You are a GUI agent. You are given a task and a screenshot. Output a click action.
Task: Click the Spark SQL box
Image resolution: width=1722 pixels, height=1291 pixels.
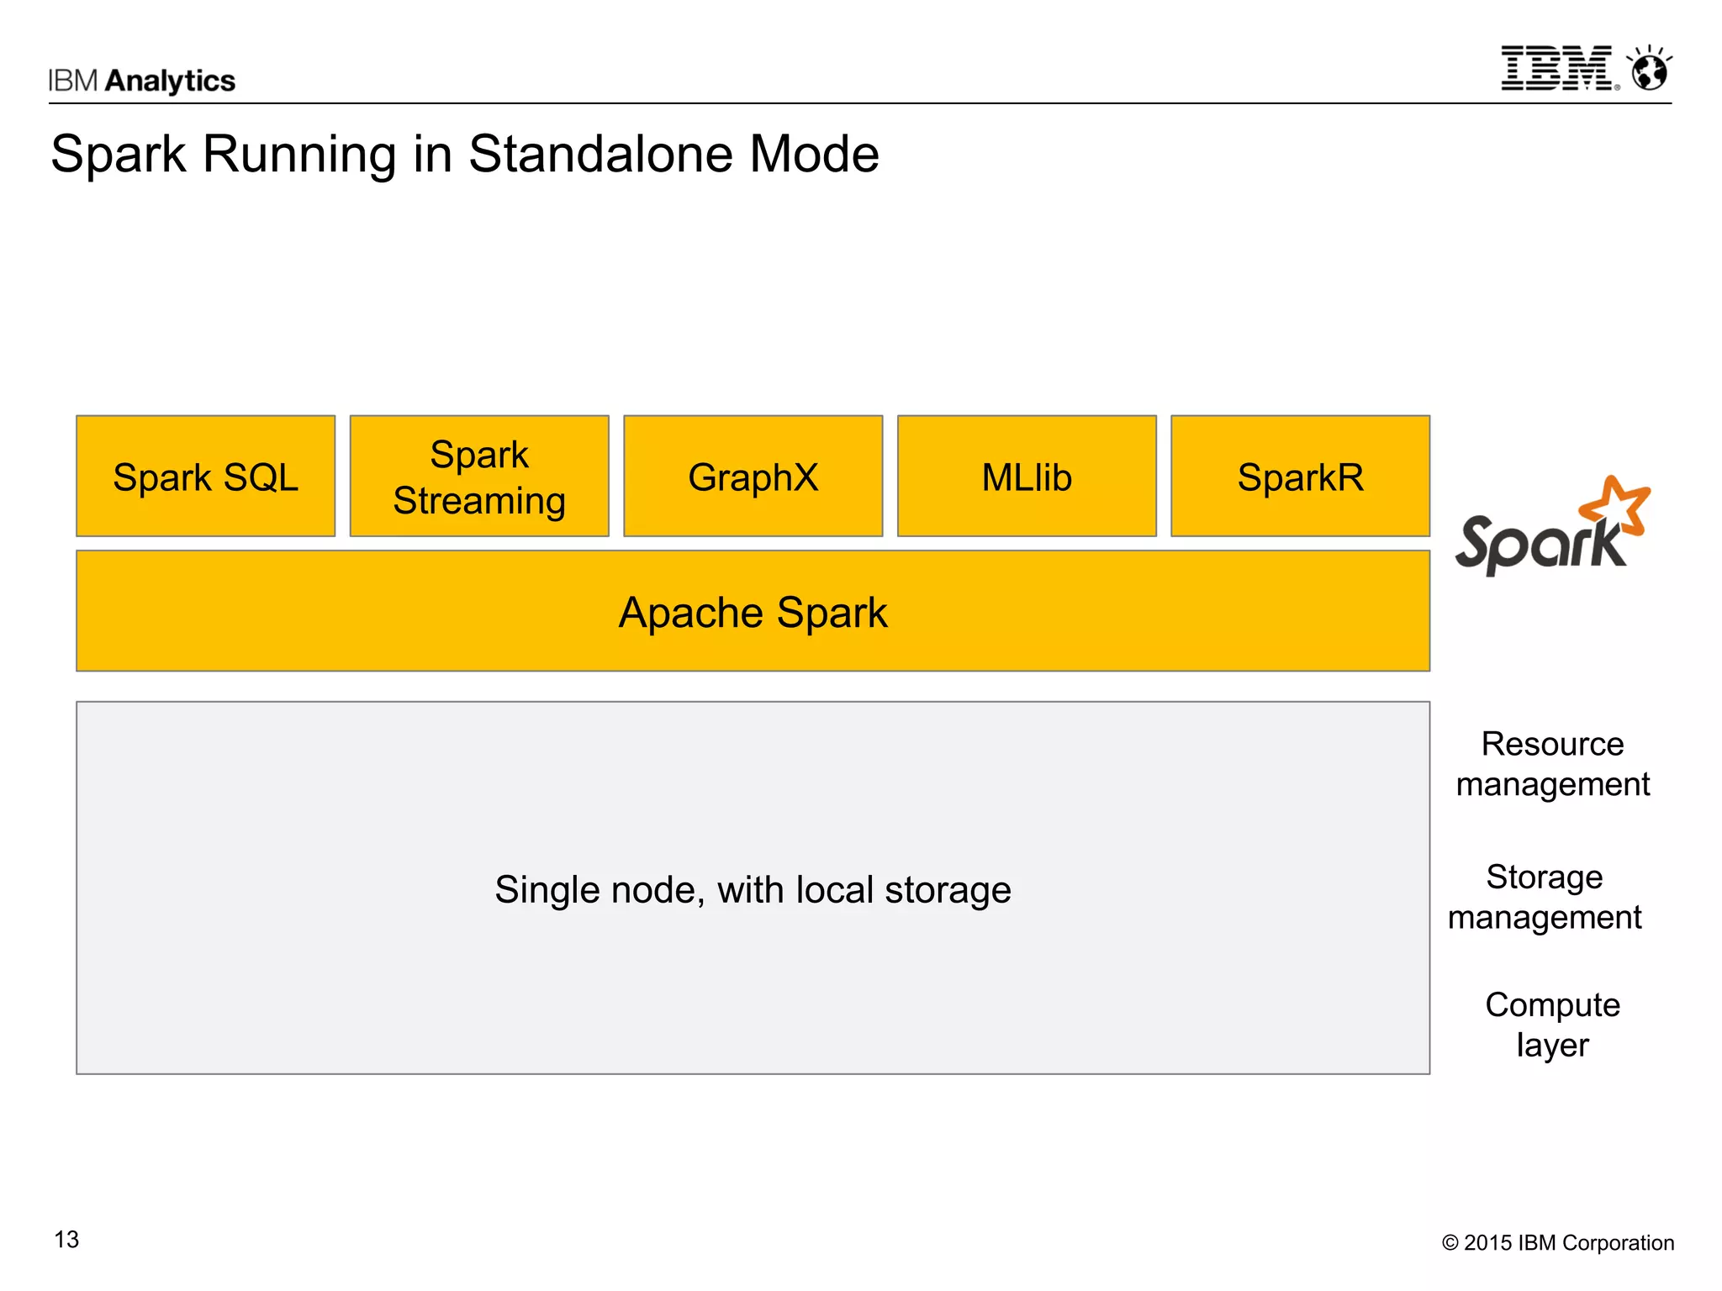click(205, 477)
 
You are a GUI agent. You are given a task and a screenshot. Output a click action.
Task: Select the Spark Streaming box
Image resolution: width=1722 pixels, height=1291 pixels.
click(479, 477)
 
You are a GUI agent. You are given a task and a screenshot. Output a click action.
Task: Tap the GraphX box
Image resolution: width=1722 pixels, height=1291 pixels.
click(753, 477)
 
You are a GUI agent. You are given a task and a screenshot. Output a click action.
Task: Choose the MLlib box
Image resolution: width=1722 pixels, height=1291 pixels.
click(1027, 477)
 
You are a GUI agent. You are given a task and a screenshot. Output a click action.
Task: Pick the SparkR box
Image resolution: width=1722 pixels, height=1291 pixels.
click(1300, 477)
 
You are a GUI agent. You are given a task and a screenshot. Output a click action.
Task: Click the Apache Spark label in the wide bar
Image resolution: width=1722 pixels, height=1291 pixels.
click(753, 612)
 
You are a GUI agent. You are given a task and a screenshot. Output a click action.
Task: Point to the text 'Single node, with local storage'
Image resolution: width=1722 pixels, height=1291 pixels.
click(753, 889)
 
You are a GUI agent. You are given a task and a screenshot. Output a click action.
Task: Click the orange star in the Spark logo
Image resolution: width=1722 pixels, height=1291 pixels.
click(1616, 506)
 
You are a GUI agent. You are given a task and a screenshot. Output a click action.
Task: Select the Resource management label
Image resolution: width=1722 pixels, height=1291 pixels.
click(1552, 763)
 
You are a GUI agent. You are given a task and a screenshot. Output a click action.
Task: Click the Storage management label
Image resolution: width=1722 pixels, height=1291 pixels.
click(1545, 897)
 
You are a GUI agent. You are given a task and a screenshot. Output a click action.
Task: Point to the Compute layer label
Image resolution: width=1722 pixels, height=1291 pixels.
click(1552, 1025)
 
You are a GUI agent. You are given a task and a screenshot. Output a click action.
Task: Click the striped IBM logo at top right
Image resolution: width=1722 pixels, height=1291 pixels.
click(1557, 69)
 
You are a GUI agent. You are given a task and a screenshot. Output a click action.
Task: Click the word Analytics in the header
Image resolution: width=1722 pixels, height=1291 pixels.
click(171, 81)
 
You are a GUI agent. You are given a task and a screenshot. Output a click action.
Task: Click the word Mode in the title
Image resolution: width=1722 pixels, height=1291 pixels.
click(813, 154)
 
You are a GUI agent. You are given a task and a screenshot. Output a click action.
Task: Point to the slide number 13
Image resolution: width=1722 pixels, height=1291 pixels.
click(66, 1239)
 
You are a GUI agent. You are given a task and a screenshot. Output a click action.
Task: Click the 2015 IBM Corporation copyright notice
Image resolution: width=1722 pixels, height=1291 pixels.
click(1557, 1242)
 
